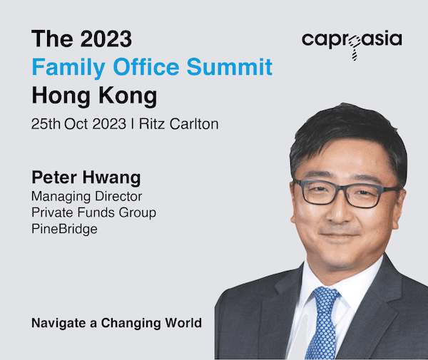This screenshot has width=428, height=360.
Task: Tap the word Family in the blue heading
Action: (68, 67)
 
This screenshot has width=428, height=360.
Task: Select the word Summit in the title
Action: (230, 66)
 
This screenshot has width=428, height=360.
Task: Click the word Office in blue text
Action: (146, 66)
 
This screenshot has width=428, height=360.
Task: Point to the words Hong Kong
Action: (94, 96)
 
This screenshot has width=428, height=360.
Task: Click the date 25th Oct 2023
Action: (78, 124)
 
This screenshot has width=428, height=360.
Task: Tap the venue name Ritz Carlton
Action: (179, 124)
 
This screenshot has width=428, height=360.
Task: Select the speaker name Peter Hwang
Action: (86, 178)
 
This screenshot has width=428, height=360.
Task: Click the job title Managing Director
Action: (87, 196)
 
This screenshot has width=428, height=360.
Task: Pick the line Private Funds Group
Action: (94, 212)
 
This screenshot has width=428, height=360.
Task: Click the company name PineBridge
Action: (64, 229)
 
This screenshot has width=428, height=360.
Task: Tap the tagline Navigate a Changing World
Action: (117, 323)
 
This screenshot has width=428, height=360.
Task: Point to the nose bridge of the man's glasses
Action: (340, 190)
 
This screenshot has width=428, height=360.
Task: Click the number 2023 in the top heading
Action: (106, 38)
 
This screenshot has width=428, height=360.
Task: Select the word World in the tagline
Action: (183, 323)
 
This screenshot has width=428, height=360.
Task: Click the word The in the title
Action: (52, 38)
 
